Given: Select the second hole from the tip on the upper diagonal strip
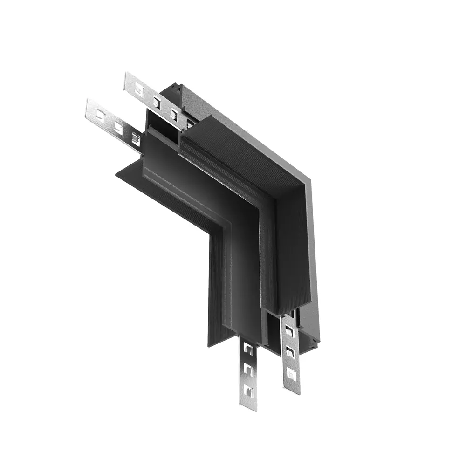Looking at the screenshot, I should pos(157,101).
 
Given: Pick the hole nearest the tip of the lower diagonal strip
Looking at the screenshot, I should pos(99,114).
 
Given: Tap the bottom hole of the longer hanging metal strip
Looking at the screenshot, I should pos(291,373).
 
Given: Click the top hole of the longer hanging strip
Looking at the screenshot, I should pos(289,330).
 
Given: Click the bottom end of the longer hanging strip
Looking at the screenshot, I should pos(292,391).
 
